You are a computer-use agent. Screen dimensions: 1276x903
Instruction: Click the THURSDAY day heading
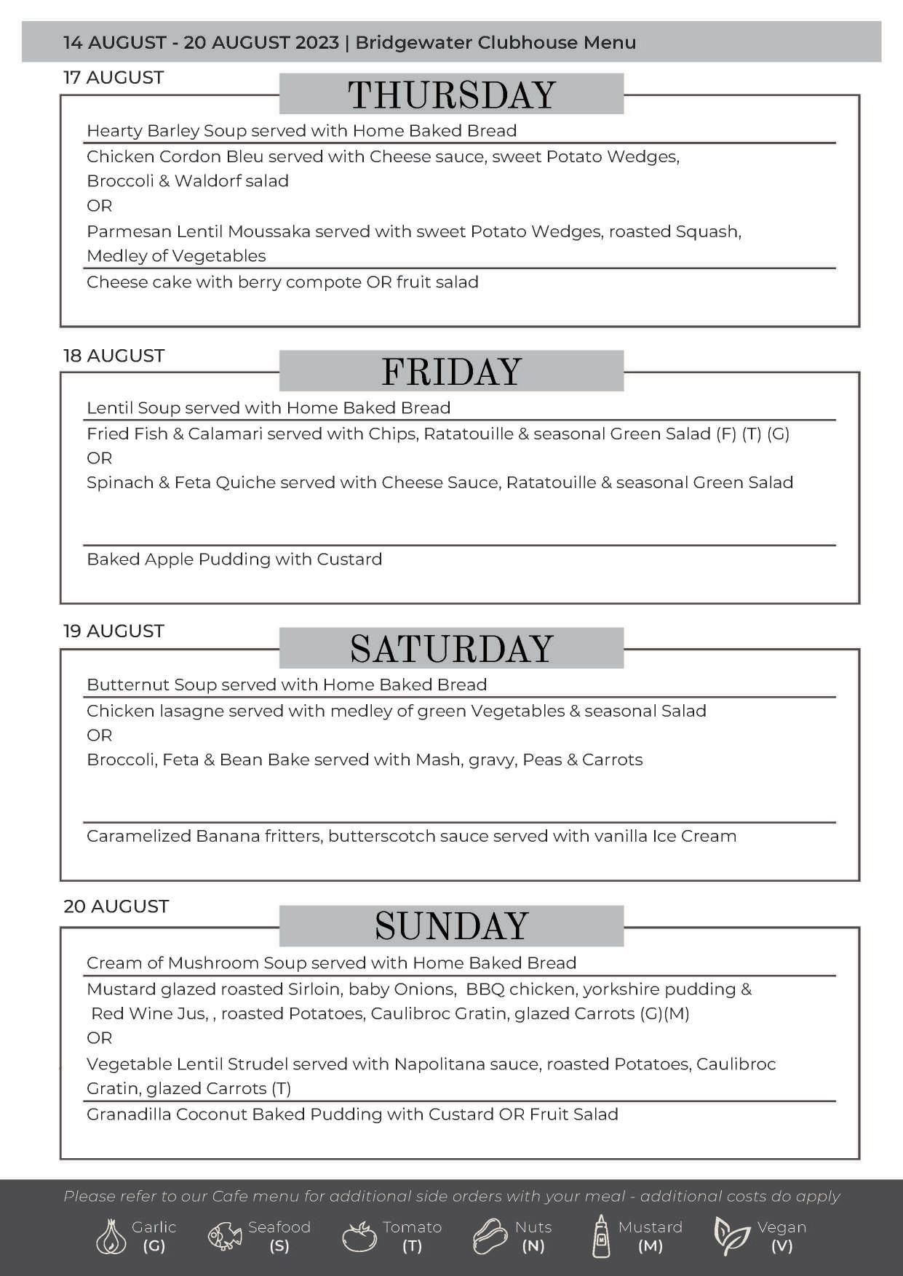coord(451,95)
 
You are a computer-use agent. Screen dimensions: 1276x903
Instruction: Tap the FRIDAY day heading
coord(451,372)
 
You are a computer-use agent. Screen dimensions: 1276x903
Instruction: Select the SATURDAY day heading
coord(451,649)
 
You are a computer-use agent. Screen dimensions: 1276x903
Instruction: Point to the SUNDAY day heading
coord(451,926)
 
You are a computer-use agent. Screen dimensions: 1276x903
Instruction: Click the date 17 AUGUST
coord(114,78)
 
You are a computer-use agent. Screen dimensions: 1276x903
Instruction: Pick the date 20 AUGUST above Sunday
coord(116,906)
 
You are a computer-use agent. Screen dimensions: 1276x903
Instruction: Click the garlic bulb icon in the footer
coord(111,1236)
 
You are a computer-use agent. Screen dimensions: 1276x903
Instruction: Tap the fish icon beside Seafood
coord(226,1236)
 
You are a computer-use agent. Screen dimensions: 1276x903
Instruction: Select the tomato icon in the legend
coord(359,1237)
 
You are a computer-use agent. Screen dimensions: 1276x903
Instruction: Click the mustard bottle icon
coord(601,1236)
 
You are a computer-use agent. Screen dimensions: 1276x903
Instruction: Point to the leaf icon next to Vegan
coord(731,1236)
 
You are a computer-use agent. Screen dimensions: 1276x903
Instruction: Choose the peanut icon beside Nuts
coord(490,1236)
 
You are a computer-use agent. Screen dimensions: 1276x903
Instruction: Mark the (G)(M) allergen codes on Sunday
coord(664,1013)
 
